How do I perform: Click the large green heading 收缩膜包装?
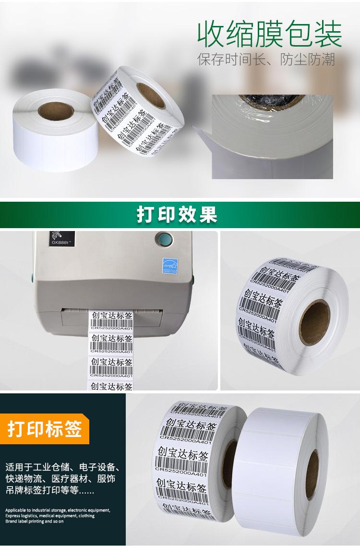point(270,35)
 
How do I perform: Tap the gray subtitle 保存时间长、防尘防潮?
point(266,61)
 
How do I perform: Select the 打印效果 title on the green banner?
point(177,215)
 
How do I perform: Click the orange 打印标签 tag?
point(44,428)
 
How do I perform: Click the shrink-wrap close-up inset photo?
point(272,136)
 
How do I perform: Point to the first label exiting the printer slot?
point(111,320)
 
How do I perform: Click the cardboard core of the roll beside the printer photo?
point(314,321)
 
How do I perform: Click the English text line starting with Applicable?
point(58,510)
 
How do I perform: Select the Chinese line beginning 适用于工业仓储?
point(62,467)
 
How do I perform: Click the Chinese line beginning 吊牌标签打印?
point(50,491)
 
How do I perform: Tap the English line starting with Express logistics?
point(50,516)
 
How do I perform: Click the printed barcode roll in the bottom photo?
point(192,461)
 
